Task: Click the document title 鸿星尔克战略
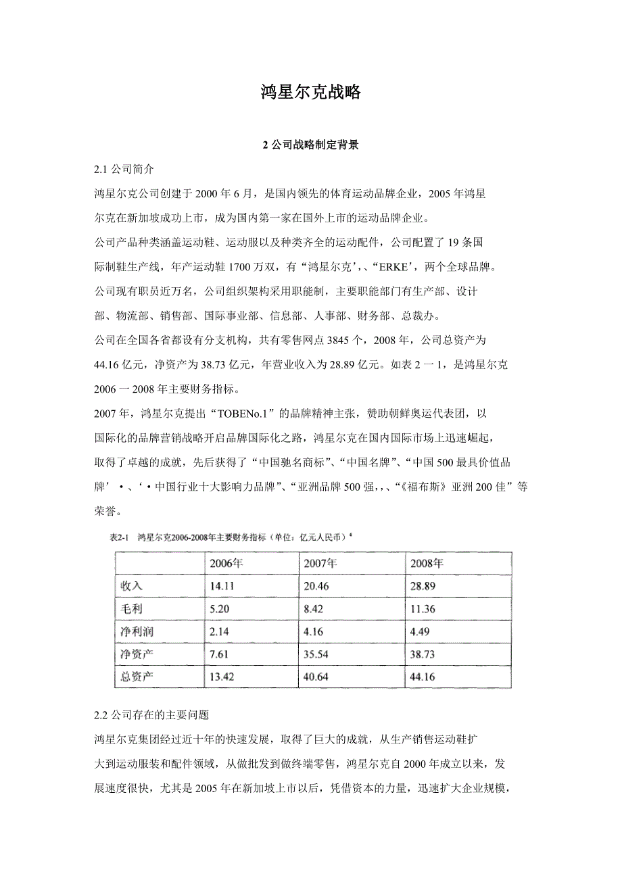[310, 93]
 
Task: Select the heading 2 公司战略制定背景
[310, 145]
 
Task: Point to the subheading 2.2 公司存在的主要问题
[152, 714]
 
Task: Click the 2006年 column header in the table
[226, 563]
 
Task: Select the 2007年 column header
[320, 563]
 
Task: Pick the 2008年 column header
[427, 563]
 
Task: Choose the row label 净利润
[137, 632]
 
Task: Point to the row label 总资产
[137, 677]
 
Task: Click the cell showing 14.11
[222, 586]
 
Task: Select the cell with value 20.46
[317, 586]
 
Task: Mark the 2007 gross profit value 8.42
[314, 609]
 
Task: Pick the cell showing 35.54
[317, 655]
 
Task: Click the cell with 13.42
[222, 677]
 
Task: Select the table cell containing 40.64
[317, 677]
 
